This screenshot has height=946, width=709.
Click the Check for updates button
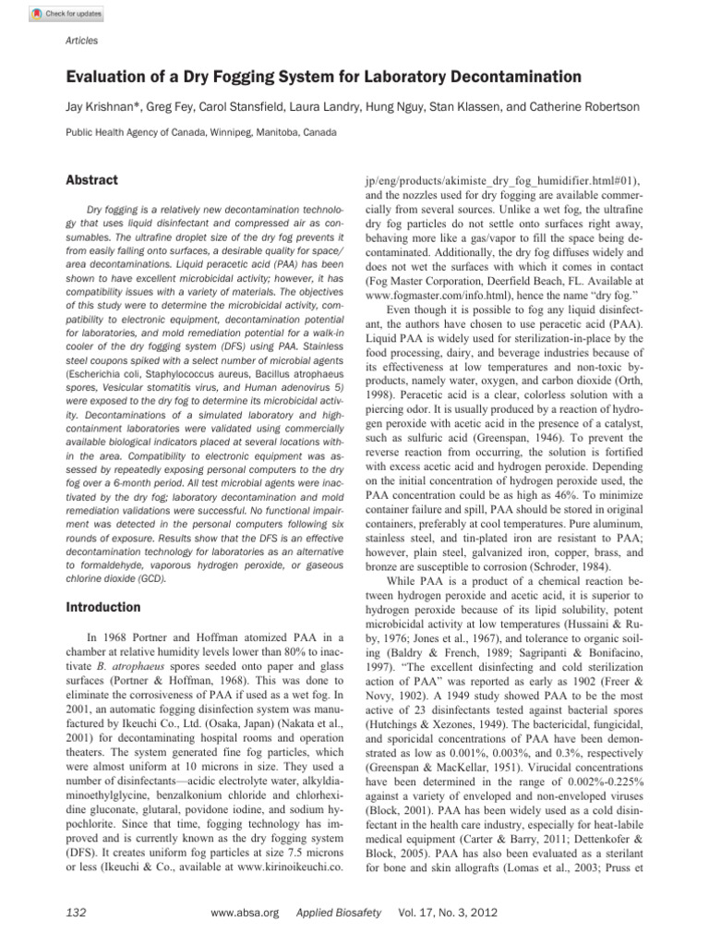pos(66,14)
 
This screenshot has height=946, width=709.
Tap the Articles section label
pos(82,41)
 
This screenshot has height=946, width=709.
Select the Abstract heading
pos(91,180)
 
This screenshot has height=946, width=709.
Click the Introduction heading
pos(102,607)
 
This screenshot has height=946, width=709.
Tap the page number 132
pos(77,912)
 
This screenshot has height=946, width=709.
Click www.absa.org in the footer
pos(245,912)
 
